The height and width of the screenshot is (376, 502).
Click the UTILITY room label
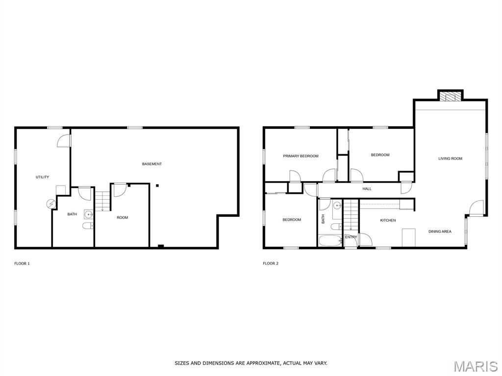[42, 177]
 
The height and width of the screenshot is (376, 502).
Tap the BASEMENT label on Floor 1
[152, 164]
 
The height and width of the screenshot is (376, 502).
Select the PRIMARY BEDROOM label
[301, 156]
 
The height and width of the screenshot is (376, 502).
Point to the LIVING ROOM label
[450, 158]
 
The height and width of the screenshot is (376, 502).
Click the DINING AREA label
[440, 232]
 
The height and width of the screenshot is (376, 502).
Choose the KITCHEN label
[388, 220]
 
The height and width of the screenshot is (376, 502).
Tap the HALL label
[367, 188]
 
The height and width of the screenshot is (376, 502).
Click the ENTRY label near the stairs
[351, 237]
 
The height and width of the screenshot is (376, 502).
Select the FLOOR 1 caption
[22, 263]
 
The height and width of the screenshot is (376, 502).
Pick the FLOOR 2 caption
[271, 263]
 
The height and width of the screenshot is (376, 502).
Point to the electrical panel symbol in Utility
[51, 204]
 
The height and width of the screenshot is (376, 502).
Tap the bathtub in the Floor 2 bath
[330, 240]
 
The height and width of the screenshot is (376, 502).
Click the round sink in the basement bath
[88, 214]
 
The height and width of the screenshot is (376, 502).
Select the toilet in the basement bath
[88, 226]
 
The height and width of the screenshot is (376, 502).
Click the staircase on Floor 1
[102, 201]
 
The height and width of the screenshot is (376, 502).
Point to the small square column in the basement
[157, 186]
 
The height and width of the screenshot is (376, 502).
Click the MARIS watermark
[476, 366]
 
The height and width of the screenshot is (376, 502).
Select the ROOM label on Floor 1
[122, 217]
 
